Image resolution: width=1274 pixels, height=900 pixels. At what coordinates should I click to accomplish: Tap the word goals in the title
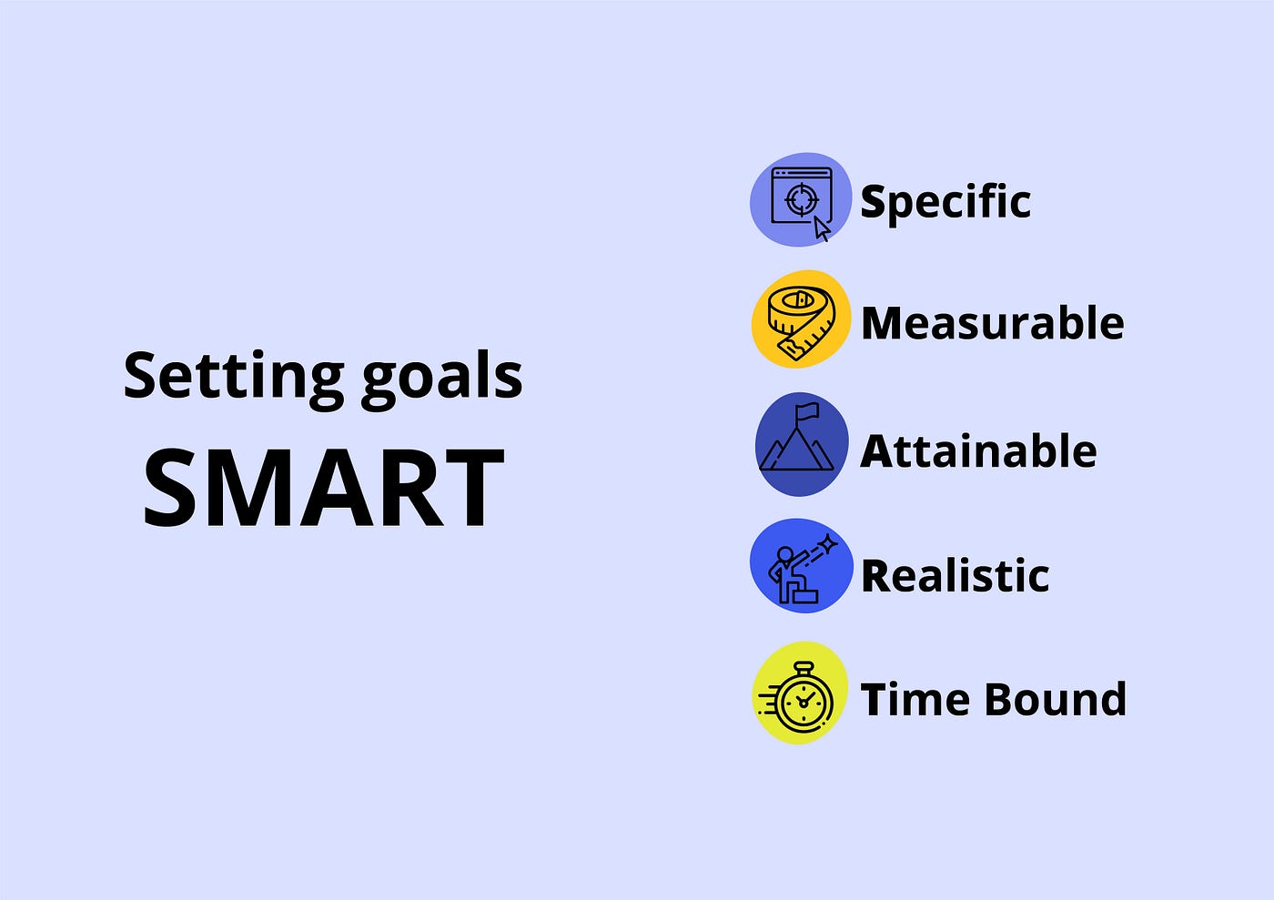(442, 379)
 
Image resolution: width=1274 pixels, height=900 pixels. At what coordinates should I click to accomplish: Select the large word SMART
(324, 488)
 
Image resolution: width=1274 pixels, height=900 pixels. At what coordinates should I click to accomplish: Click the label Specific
(945, 203)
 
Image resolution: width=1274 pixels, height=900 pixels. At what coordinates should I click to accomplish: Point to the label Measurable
(993, 322)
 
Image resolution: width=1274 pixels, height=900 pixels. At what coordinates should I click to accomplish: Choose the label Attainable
(978, 450)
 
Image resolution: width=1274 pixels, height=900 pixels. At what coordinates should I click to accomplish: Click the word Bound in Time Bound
(1056, 699)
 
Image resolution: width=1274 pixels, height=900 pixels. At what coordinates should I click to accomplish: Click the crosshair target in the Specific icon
(802, 199)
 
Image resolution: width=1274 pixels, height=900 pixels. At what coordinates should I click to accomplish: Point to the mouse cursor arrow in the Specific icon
(822, 228)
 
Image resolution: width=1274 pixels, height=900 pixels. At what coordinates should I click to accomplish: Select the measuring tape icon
(802, 322)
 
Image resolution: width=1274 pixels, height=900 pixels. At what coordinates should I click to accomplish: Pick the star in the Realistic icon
(828, 544)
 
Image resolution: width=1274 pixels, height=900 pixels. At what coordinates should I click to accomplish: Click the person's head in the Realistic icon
(784, 555)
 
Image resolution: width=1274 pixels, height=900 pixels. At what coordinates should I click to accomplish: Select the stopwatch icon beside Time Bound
(797, 697)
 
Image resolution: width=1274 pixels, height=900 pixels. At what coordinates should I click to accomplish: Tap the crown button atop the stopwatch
(804, 667)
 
